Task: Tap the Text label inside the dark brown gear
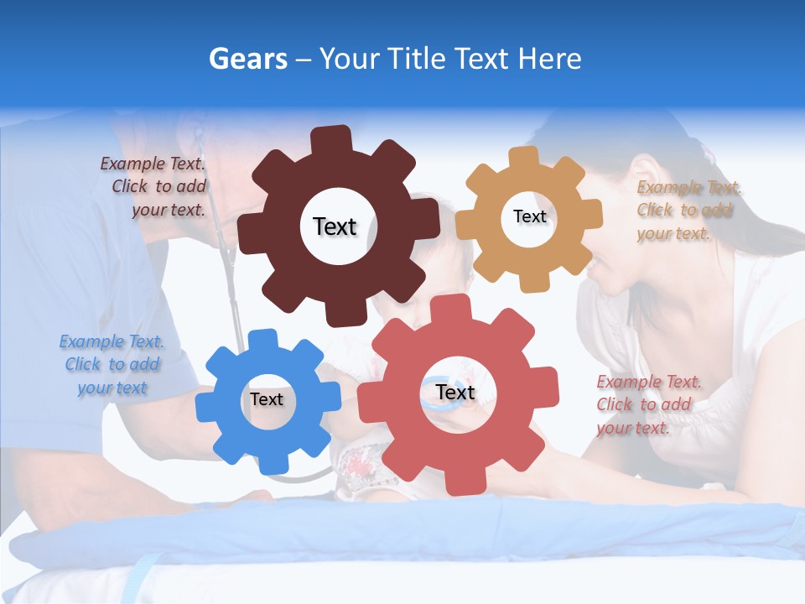(x=335, y=226)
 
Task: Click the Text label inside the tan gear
(x=529, y=216)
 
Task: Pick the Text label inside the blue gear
(x=266, y=400)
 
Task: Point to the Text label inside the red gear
(x=455, y=393)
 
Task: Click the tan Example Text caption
(x=687, y=211)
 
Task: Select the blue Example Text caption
(x=112, y=365)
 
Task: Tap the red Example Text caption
(x=647, y=404)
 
